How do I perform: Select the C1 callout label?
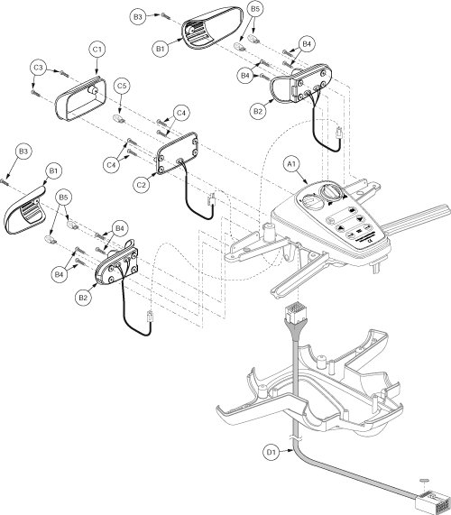[x=97, y=50]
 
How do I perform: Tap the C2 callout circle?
[x=141, y=185]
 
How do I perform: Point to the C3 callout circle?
[x=38, y=68]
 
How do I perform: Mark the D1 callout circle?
[x=272, y=453]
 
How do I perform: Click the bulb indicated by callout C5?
[x=119, y=118]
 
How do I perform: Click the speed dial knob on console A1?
[x=332, y=191]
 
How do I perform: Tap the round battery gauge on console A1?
[x=309, y=201]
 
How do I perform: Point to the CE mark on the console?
[x=369, y=242]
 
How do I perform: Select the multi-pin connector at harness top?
[x=292, y=311]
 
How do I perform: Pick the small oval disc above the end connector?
[x=424, y=481]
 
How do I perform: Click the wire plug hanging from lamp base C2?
[x=212, y=199]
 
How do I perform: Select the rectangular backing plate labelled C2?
[x=177, y=153]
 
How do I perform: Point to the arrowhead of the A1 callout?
[x=306, y=182]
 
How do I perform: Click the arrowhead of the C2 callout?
[x=155, y=175]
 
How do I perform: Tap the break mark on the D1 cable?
[x=297, y=437]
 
